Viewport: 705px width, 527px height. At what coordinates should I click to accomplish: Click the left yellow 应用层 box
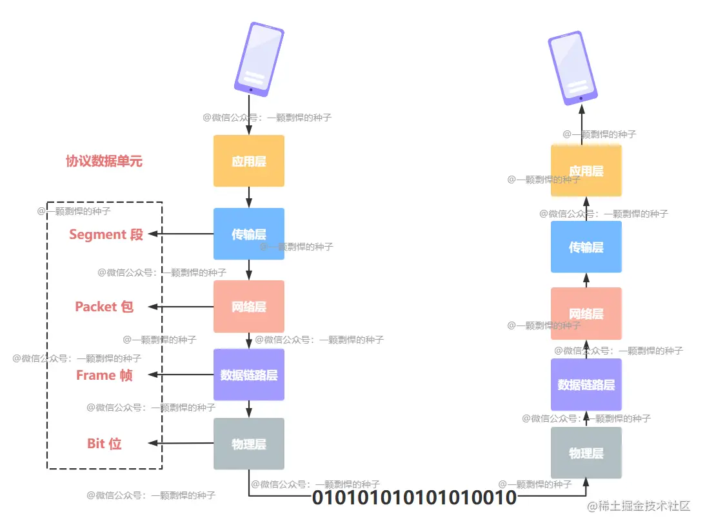pyautogui.click(x=249, y=161)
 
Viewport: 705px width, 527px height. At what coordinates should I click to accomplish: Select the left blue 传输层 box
pyautogui.click(x=249, y=234)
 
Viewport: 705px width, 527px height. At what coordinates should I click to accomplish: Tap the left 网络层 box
pyautogui.click(x=249, y=306)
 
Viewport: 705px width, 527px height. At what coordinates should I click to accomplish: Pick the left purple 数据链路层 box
pyautogui.click(x=249, y=375)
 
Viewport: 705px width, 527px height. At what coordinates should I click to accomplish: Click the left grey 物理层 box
pyautogui.click(x=249, y=444)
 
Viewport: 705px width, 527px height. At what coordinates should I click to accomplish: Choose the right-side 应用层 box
pyautogui.click(x=586, y=170)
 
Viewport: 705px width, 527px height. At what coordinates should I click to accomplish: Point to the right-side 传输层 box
pyautogui.click(x=586, y=247)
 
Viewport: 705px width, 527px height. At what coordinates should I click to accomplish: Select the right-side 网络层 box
pyautogui.click(x=586, y=313)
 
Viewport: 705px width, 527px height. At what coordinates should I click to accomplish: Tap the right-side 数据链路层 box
pyautogui.click(x=586, y=384)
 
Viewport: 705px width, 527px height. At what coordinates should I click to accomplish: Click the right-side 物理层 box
pyautogui.click(x=586, y=453)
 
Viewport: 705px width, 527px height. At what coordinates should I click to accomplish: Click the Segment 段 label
pyautogui.click(x=106, y=234)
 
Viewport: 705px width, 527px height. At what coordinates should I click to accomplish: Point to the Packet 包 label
pyautogui.click(x=104, y=306)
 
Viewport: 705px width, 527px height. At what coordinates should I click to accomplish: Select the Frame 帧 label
pyautogui.click(x=104, y=375)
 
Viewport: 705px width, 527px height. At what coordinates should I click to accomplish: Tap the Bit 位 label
pyautogui.click(x=104, y=444)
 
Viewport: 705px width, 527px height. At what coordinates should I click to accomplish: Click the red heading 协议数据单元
pyautogui.click(x=104, y=161)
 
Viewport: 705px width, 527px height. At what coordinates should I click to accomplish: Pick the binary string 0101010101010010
pyautogui.click(x=414, y=497)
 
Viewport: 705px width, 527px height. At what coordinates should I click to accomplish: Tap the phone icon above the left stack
pyautogui.click(x=259, y=59)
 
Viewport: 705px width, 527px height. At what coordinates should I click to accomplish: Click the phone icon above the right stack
pyautogui.click(x=569, y=68)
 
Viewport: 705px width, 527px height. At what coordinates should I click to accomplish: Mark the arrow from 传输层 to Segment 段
pyautogui.click(x=181, y=234)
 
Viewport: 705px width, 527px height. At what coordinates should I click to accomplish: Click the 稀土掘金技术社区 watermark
pyautogui.click(x=638, y=506)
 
